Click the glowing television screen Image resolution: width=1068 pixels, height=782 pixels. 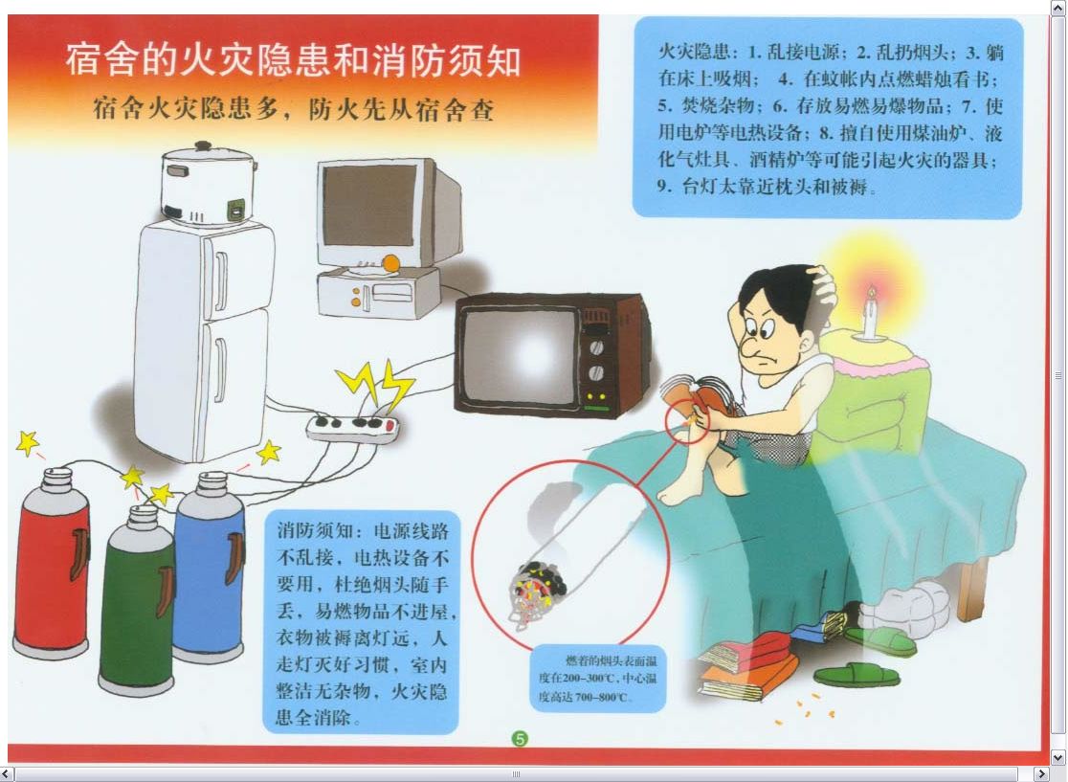(522, 355)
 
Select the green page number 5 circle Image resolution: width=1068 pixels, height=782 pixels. (520, 738)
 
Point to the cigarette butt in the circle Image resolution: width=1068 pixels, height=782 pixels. (538, 592)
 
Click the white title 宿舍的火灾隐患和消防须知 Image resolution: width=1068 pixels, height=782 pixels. (294, 60)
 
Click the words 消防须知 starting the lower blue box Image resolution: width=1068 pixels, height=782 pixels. (316, 531)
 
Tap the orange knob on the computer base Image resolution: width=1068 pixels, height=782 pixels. (391, 263)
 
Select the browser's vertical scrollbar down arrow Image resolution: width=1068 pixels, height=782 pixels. (1057, 756)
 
